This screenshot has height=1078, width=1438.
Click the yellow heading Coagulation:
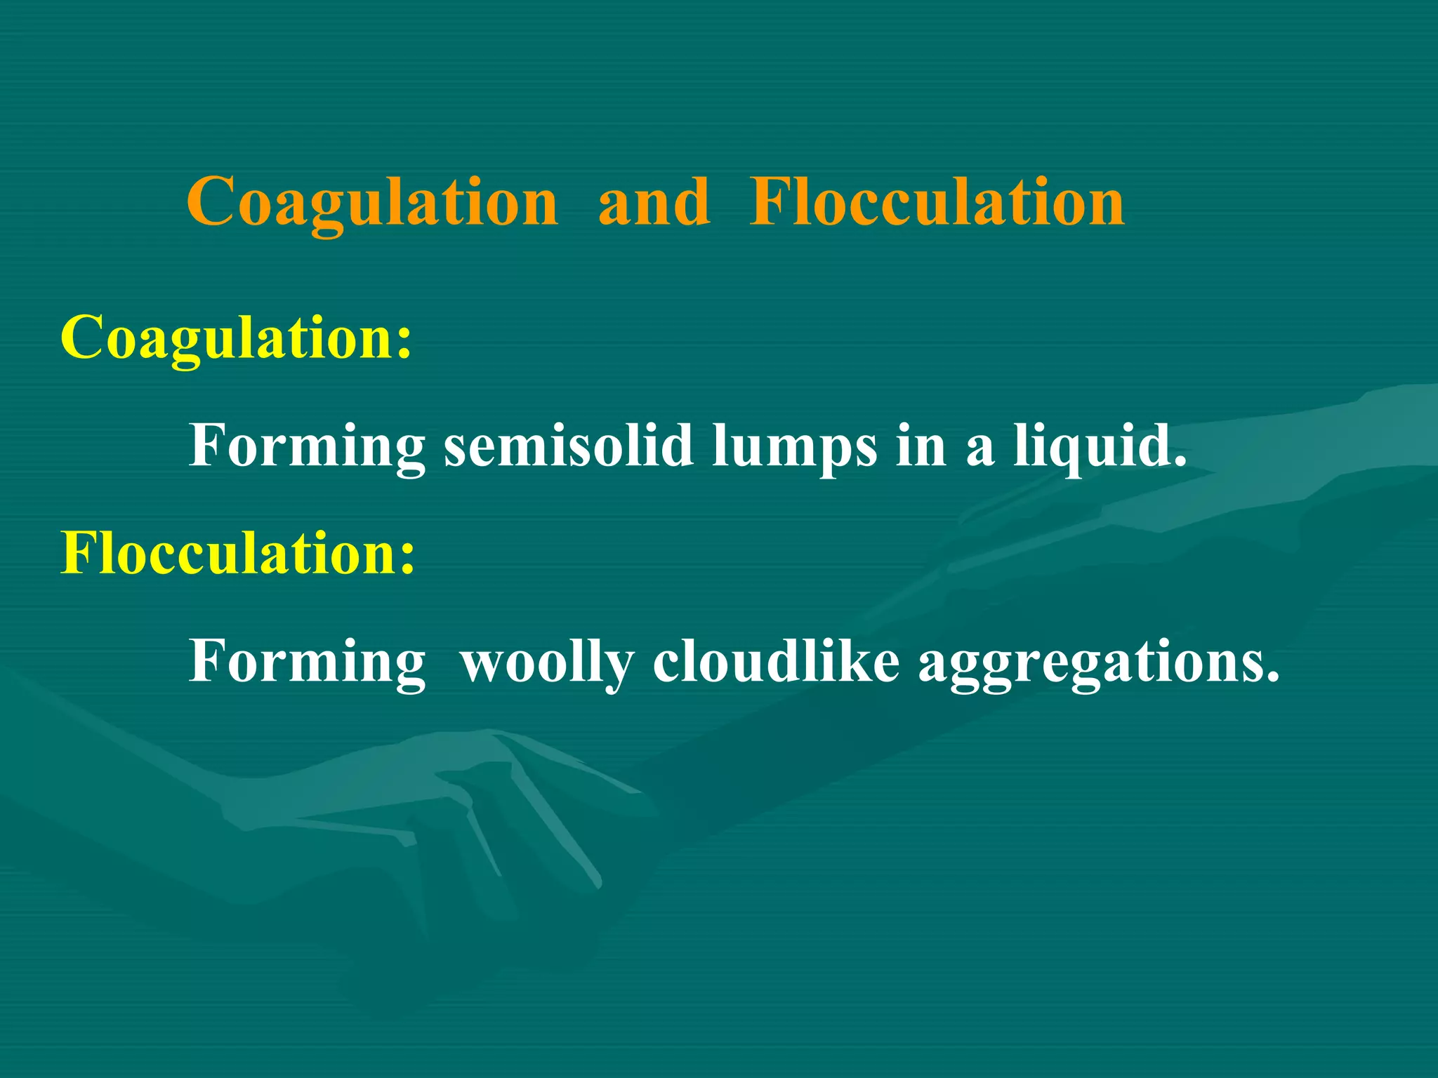click(x=236, y=338)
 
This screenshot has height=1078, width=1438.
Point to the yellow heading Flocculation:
click(x=238, y=553)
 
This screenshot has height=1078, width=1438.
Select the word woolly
click(x=547, y=663)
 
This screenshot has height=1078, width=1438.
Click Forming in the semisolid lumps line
click(x=307, y=446)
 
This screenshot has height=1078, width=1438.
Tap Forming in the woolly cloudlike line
click(x=307, y=663)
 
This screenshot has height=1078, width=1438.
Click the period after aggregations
click(x=1272, y=678)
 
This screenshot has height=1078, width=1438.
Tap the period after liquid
click(x=1180, y=463)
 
